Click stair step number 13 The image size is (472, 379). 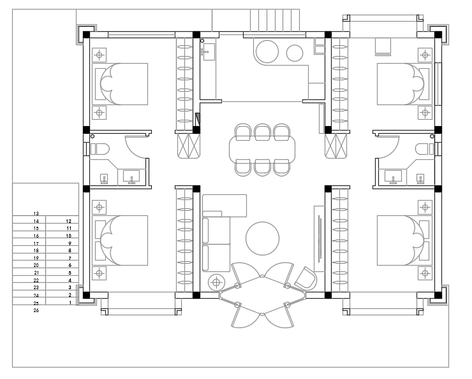tap(36, 213)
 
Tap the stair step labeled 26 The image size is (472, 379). tap(36, 310)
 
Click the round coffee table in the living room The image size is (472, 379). tap(262, 239)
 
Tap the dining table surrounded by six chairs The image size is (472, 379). tap(262, 150)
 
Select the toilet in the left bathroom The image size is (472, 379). tap(100, 149)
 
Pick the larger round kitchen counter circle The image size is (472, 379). tap(267, 52)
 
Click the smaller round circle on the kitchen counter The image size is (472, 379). tap(295, 54)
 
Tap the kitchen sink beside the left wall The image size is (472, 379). tap(208, 52)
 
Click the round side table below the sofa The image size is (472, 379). tap(216, 282)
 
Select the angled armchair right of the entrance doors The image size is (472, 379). tap(306, 278)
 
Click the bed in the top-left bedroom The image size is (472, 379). tap(120, 84)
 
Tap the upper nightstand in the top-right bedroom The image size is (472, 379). tap(425, 55)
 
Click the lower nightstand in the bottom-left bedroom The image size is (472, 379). tap(99, 273)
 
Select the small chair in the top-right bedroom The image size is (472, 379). tap(383, 46)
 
